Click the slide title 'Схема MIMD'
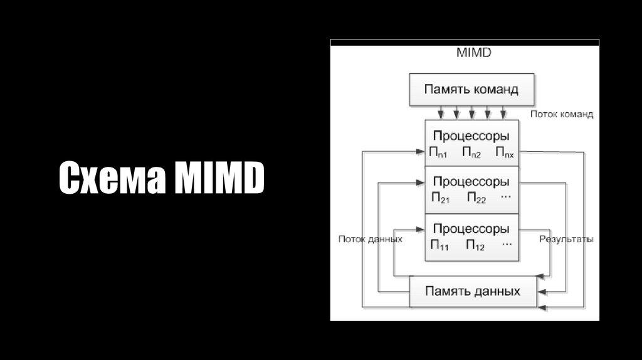click(x=162, y=178)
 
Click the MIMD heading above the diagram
click(x=473, y=53)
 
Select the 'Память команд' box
click(x=471, y=90)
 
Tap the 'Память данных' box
click(x=472, y=292)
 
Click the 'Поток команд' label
click(x=562, y=114)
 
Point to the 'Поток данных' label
click(x=370, y=239)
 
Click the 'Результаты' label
click(x=566, y=239)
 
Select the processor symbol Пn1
click(x=438, y=152)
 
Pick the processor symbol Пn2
click(x=471, y=152)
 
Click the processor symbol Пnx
click(x=504, y=152)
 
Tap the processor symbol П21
click(x=439, y=199)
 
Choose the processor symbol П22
click(x=476, y=199)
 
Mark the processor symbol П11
click(x=439, y=245)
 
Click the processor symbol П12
click(x=475, y=245)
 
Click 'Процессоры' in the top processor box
click(x=471, y=136)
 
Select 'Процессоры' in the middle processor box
click(x=471, y=183)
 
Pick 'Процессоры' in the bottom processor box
click(x=471, y=228)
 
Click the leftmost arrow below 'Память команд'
click(x=441, y=113)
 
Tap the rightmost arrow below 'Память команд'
click(x=503, y=113)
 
